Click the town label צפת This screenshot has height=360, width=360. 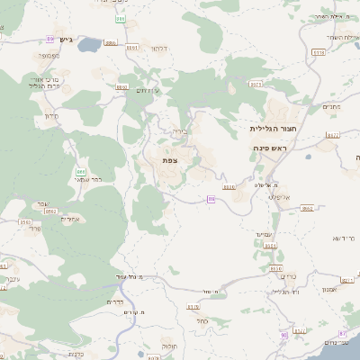click(x=169, y=160)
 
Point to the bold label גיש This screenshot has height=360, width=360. click(x=66, y=40)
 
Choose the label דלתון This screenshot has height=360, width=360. click(x=159, y=47)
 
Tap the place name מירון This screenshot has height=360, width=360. click(x=50, y=116)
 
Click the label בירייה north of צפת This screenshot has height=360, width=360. click(x=179, y=131)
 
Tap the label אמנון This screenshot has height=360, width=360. click(x=327, y=289)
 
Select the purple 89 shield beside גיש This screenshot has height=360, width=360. click(x=48, y=38)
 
